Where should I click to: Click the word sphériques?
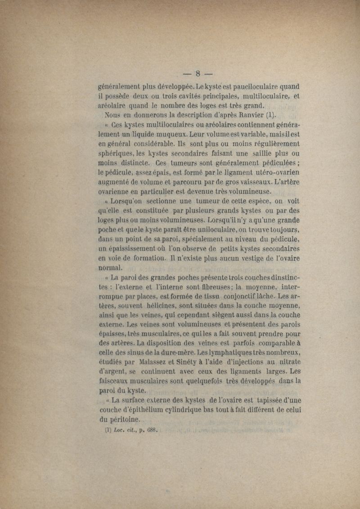(x=118, y=153)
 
